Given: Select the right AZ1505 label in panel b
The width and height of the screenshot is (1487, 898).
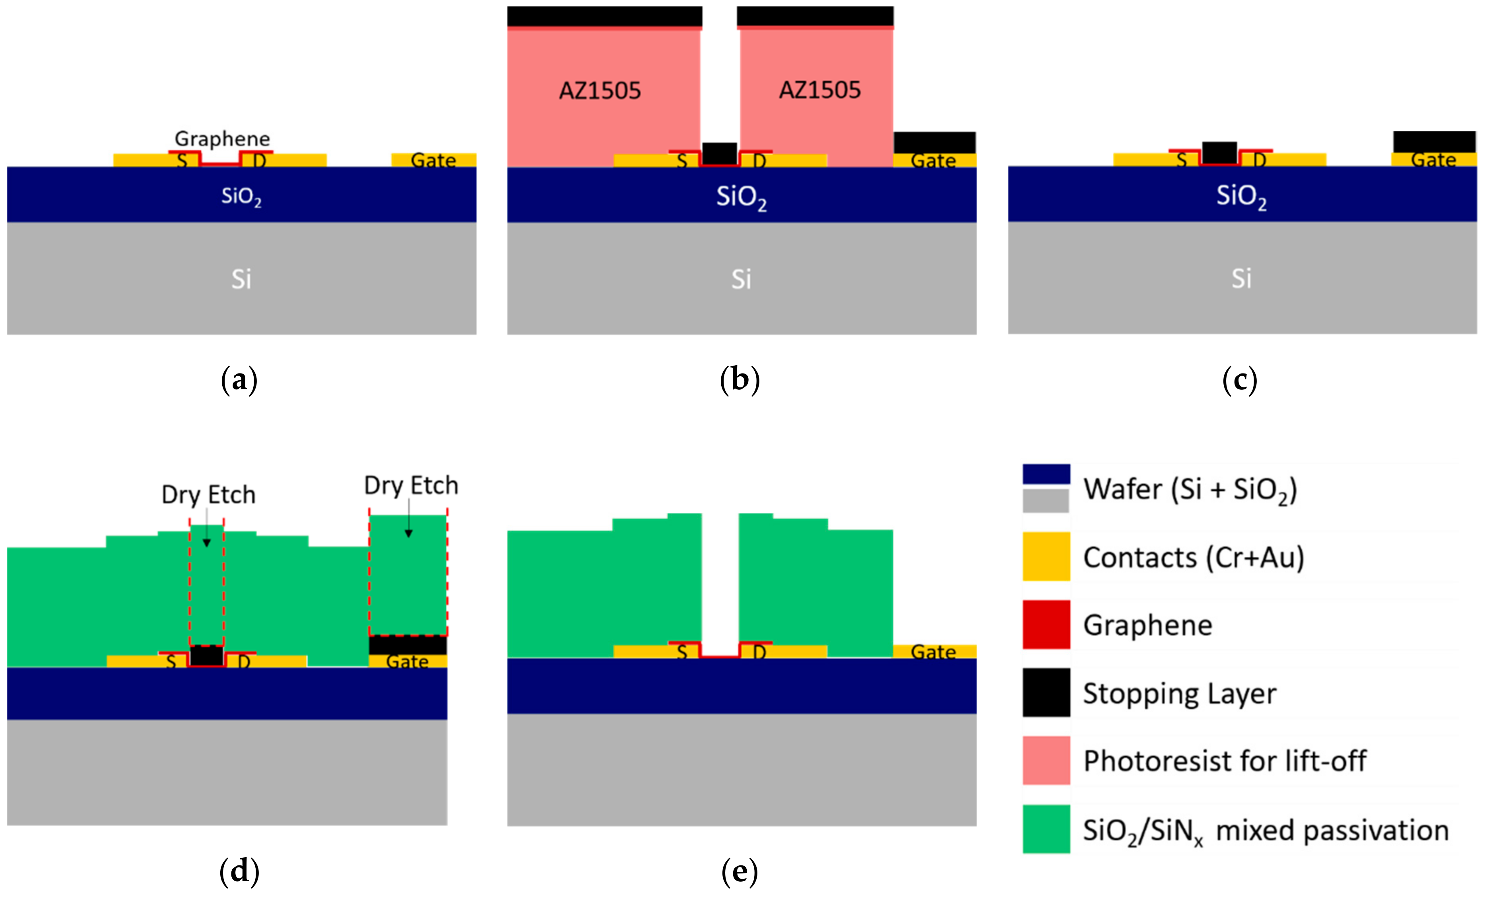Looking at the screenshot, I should point(819,91).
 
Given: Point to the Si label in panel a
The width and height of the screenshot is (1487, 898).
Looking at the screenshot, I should point(241,279).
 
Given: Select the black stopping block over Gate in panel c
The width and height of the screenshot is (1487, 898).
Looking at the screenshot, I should point(1434,142).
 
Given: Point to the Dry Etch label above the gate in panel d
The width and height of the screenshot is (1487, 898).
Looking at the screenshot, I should point(411,486).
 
